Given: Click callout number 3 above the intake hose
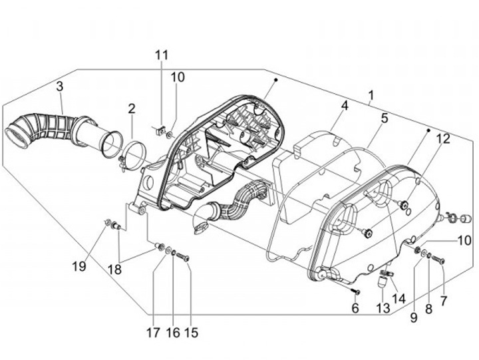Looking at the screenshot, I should point(59,87).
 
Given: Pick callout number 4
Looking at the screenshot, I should point(345,106).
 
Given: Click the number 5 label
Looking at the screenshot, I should point(384,118).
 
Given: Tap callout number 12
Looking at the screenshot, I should point(424,139).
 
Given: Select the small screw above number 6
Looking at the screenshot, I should point(356,291).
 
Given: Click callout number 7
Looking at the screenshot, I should point(444,301).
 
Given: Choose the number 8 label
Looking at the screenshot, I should point(428,309).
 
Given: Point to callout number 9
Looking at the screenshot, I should point(413,318).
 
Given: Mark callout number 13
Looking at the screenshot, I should point(381,307).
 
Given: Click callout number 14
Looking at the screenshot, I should point(399,299).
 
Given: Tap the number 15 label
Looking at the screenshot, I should point(192,332).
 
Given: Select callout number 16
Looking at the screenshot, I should point(173,332).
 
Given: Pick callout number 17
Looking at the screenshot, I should point(154,332).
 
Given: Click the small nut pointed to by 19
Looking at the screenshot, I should point(106,222).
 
